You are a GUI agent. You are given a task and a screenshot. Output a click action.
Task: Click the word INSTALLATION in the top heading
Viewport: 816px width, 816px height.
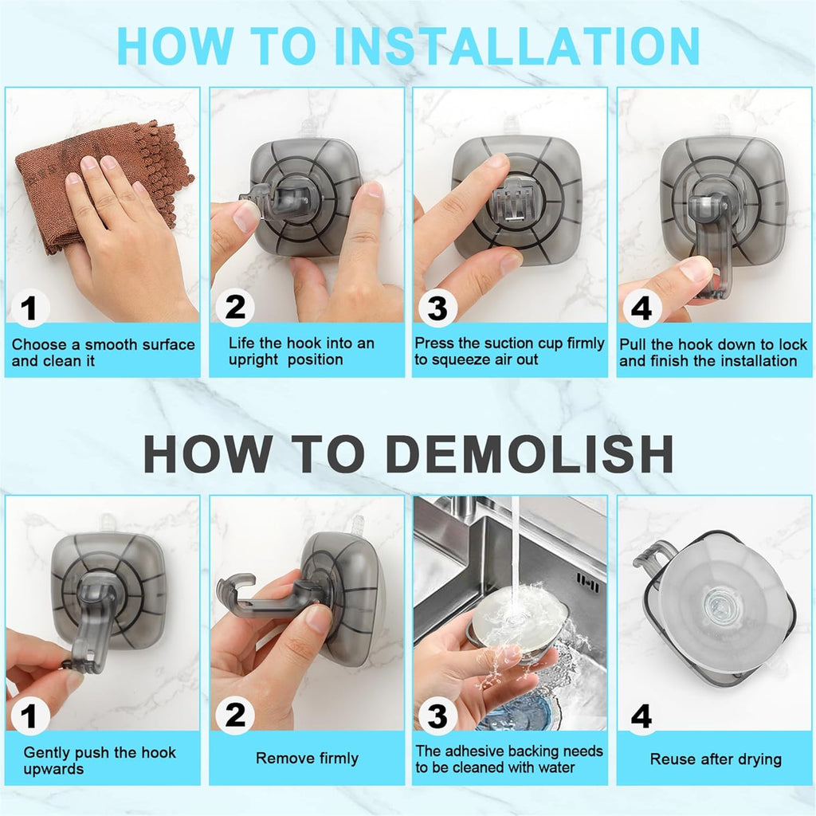pyautogui.click(x=516, y=46)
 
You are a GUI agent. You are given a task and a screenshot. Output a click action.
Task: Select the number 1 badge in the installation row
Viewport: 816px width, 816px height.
pyautogui.click(x=30, y=308)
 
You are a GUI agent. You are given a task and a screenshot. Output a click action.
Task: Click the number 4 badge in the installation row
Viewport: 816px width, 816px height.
pyautogui.click(x=641, y=308)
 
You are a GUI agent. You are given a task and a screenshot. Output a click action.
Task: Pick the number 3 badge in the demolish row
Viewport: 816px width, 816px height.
pyautogui.click(x=437, y=716)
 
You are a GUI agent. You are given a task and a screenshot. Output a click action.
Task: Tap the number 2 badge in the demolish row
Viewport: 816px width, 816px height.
pyautogui.click(x=234, y=716)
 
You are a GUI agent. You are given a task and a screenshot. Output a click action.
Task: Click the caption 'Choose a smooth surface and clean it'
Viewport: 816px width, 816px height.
pyautogui.click(x=103, y=352)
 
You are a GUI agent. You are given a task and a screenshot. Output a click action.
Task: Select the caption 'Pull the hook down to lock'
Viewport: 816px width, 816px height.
pyautogui.click(x=713, y=345)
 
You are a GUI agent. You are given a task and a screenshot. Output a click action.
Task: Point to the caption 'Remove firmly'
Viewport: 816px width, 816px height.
pyautogui.click(x=307, y=758)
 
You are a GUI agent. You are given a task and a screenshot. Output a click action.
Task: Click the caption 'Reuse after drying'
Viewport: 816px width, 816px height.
pyautogui.click(x=716, y=759)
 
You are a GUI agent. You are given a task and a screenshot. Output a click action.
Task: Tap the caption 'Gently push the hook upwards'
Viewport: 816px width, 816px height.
pyautogui.click(x=100, y=760)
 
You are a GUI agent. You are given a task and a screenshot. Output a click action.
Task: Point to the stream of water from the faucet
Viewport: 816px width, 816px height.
pyautogui.click(x=516, y=550)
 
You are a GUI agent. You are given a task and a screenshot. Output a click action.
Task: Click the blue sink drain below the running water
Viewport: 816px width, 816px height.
pyautogui.click(x=510, y=709)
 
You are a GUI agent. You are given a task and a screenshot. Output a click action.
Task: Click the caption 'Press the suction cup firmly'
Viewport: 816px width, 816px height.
pyautogui.click(x=509, y=343)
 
